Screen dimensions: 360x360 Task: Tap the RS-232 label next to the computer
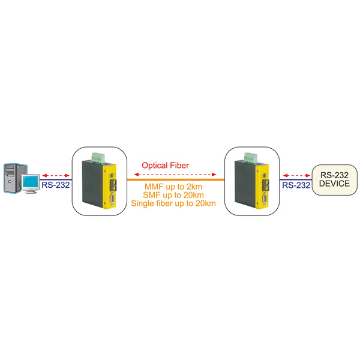[55, 185]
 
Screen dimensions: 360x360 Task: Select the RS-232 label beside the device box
[296, 185]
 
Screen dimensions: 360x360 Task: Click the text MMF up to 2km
[173, 187]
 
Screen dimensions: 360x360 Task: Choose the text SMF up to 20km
[173, 196]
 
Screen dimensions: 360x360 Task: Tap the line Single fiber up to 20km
[173, 204]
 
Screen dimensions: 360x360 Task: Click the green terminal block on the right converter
[251, 158]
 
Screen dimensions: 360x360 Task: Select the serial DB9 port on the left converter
[112, 197]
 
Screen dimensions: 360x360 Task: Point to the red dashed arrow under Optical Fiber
[173, 173]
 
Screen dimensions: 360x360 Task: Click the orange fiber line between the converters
[174, 179]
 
